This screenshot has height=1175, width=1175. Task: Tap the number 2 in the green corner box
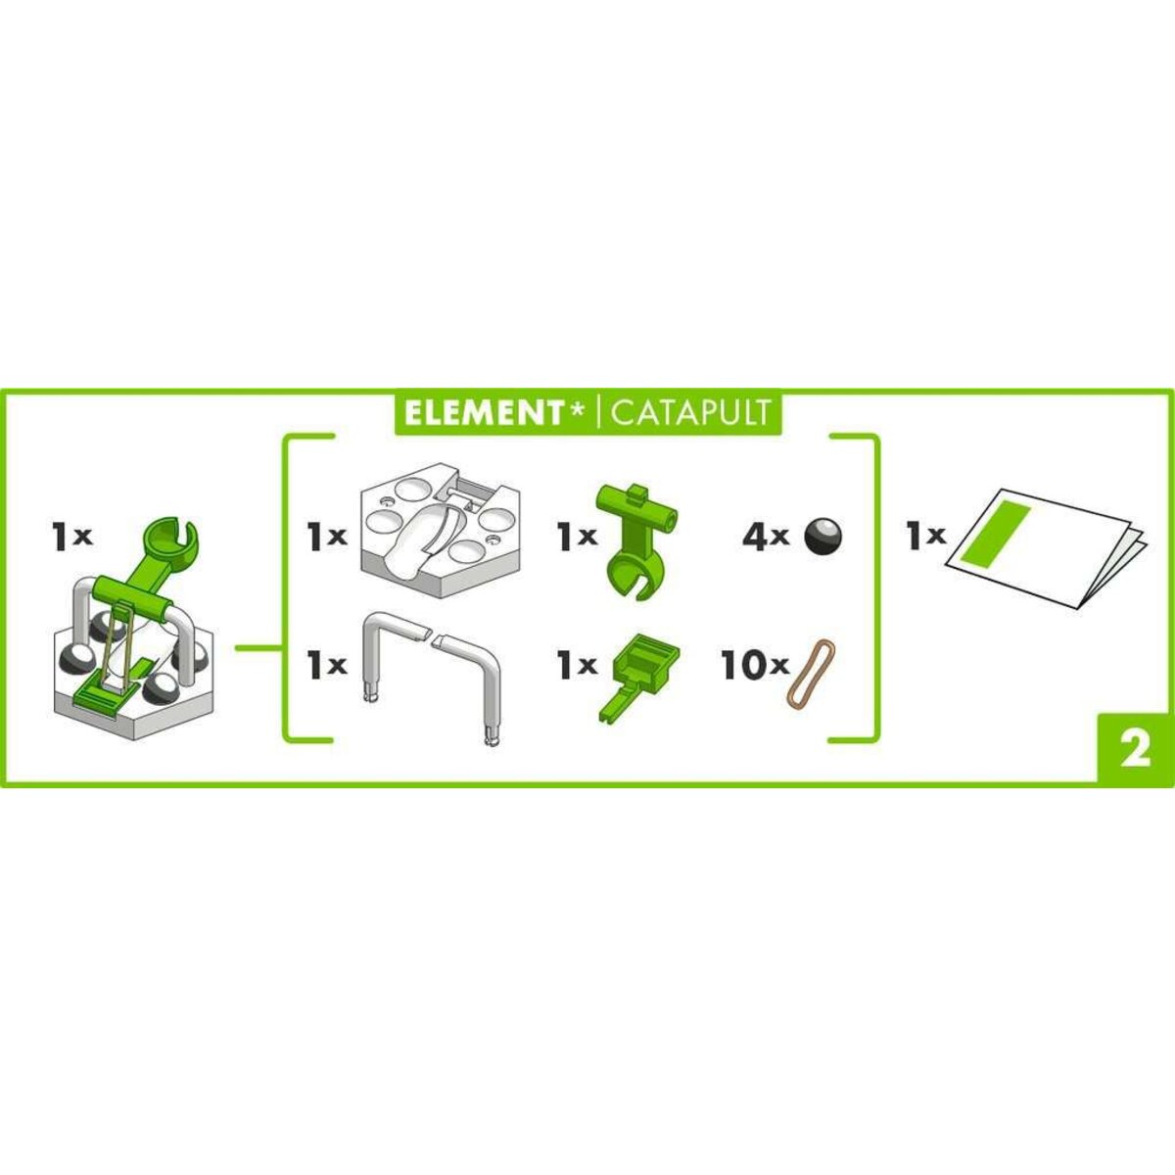click(1135, 751)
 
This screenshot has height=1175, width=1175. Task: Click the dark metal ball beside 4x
click(822, 537)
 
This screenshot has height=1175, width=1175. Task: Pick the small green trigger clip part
click(634, 676)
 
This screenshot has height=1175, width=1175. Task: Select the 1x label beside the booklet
click(924, 537)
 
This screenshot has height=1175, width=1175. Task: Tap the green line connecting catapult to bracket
click(258, 647)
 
